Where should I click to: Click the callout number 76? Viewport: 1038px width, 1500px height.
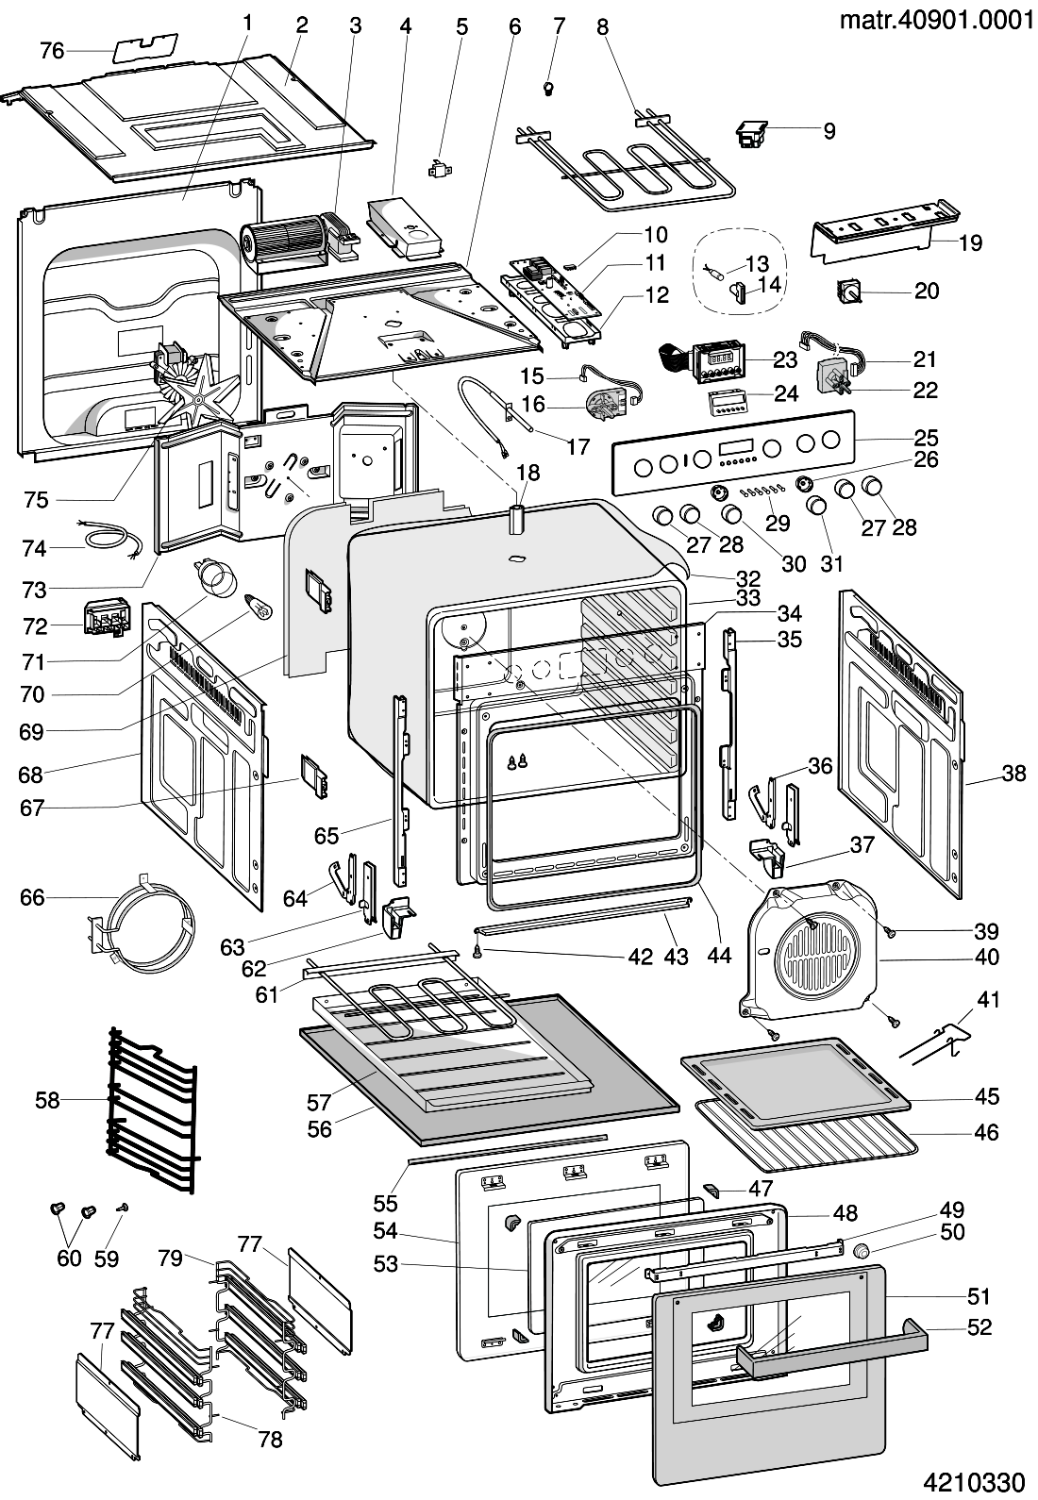click(52, 50)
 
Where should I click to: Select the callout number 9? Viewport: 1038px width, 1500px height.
click(829, 131)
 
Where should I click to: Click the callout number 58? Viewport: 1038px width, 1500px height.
click(47, 1099)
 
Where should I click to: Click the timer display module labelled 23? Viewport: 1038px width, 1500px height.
click(720, 361)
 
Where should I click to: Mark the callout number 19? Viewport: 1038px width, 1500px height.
click(970, 242)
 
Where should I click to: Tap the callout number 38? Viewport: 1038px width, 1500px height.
click(1013, 774)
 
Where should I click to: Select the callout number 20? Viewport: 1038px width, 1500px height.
click(928, 291)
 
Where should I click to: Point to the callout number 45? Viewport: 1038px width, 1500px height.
click(987, 1096)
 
